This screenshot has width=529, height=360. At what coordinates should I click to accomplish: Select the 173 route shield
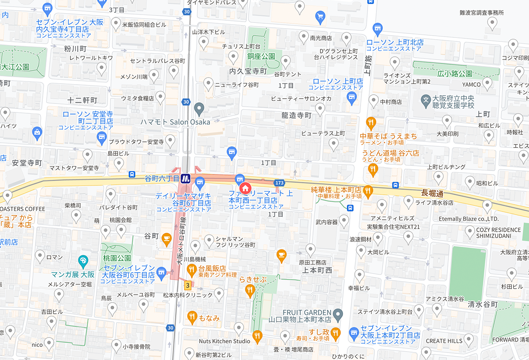click(x=279, y=182)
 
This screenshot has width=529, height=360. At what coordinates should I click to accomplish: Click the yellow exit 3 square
click(x=188, y=285)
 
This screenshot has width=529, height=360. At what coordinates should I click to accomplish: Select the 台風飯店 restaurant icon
click(x=191, y=269)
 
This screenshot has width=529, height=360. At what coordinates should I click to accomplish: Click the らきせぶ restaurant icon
click(x=250, y=289)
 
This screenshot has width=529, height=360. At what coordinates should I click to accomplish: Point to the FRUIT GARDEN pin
click(x=338, y=315)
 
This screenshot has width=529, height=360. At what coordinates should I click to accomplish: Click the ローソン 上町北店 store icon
click(x=377, y=30)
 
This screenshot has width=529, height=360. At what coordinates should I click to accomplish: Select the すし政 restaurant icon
click(x=336, y=333)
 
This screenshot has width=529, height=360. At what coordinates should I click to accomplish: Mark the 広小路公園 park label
click(x=455, y=74)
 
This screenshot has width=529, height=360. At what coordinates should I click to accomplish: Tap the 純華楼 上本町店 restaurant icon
click(x=369, y=191)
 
